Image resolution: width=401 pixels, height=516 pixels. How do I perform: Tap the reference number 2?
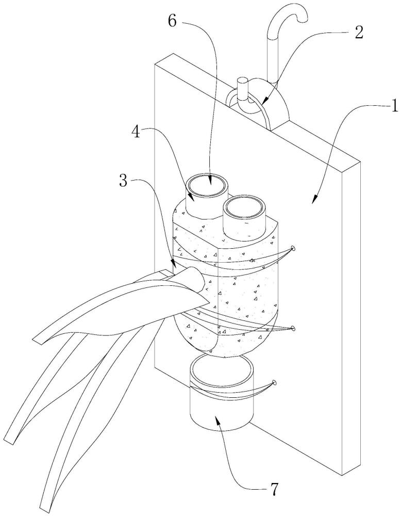[x=358, y=32]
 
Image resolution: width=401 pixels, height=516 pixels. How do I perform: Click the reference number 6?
[x=173, y=21]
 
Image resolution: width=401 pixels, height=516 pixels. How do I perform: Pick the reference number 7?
[x=274, y=489]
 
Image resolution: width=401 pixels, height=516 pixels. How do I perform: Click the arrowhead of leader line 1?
[x=314, y=198]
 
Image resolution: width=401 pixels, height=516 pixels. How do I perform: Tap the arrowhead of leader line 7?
[x=216, y=419]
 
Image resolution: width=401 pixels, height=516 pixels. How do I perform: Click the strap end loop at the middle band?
[x=293, y=328]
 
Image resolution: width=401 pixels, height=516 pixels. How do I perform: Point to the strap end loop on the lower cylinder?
[x=274, y=382]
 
